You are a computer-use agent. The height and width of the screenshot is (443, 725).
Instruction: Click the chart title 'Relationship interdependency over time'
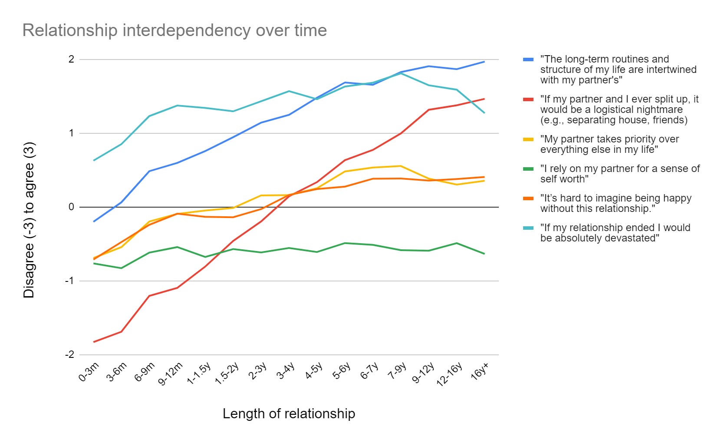tap(175, 30)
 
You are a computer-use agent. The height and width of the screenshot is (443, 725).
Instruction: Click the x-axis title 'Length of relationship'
tap(289, 413)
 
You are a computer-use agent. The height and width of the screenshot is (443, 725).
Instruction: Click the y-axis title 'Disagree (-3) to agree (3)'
tap(29, 220)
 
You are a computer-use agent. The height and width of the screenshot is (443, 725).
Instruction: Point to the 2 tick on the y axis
tap(71, 60)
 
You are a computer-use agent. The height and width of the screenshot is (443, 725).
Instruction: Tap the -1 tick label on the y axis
tap(69, 281)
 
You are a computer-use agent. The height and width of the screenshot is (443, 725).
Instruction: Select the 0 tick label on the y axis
tap(71, 207)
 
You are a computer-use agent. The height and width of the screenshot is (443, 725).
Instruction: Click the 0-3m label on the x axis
tap(89, 372)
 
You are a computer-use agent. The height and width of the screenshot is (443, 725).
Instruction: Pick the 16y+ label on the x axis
tap(480, 372)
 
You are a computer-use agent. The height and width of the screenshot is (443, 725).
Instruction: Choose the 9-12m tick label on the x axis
tap(171, 374)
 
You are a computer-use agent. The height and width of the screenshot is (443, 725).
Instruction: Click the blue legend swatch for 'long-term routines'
tap(528, 60)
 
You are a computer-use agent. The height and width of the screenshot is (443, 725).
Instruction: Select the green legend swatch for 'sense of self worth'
tap(528, 169)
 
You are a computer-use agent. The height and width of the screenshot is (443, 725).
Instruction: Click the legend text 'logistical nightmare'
tap(619, 109)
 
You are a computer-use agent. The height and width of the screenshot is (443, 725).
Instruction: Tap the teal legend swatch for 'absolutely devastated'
tap(528, 228)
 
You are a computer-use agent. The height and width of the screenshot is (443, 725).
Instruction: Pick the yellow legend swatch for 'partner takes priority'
tap(528, 139)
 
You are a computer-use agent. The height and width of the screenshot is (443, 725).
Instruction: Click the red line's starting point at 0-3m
tap(94, 342)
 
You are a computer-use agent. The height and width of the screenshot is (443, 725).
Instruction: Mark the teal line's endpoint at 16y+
tap(484, 113)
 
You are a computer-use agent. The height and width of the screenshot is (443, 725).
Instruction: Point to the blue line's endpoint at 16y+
tap(484, 62)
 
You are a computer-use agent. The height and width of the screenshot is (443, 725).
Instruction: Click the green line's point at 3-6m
tap(121, 268)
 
